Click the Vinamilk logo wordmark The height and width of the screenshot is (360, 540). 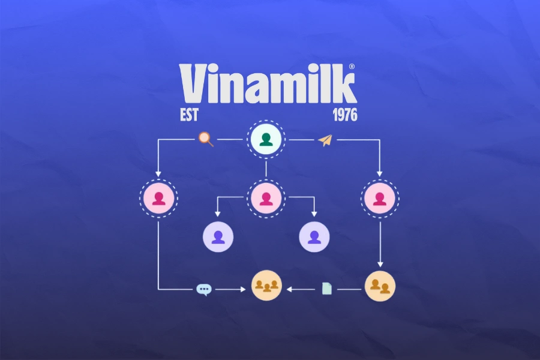pyautogui.click(x=268, y=84)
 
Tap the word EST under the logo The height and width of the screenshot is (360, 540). pyautogui.click(x=189, y=115)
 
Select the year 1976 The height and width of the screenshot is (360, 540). pyautogui.click(x=344, y=115)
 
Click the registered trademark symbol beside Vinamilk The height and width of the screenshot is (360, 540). pyautogui.click(x=352, y=67)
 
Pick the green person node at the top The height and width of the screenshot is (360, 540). pyautogui.click(x=266, y=140)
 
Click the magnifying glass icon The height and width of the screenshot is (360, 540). pyautogui.click(x=206, y=139)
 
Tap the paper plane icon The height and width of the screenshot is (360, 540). pyautogui.click(x=325, y=140)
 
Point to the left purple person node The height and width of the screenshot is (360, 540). pyautogui.click(x=218, y=236)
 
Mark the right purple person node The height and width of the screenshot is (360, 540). pyautogui.click(x=314, y=236)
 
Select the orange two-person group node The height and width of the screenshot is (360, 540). pyautogui.click(x=380, y=286)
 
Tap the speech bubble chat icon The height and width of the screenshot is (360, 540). pyautogui.click(x=204, y=289)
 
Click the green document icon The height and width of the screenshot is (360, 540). pyautogui.click(x=326, y=289)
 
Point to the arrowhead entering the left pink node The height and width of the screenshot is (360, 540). pyautogui.click(x=158, y=174)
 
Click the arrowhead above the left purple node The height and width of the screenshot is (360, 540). pyautogui.click(x=218, y=215)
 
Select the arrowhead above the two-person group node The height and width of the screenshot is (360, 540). pyautogui.click(x=380, y=265)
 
